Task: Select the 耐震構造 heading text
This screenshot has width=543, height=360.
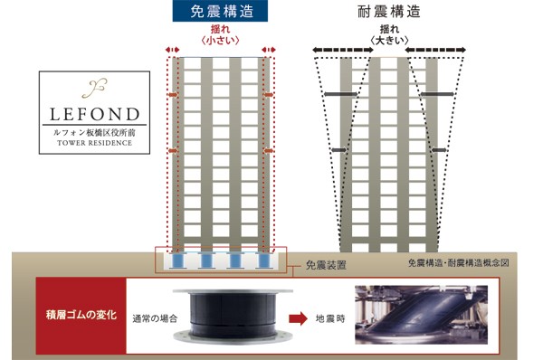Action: (388, 14)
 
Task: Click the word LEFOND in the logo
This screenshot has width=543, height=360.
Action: (88, 116)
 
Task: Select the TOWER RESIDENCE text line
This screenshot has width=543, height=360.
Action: (88, 143)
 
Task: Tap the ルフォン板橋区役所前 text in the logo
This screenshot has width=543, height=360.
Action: (88, 132)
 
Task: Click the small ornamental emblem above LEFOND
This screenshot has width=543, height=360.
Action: (88, 90)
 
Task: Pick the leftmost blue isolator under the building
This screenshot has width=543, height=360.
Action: (177, 261)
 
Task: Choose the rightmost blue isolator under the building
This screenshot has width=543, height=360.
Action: (264, 261)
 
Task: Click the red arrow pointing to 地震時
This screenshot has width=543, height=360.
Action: (296, 319)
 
